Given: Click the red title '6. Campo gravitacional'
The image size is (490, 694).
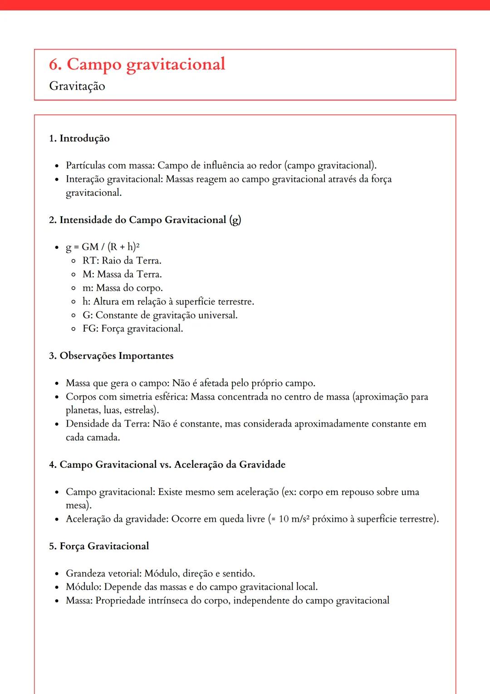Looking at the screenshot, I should (137, 64).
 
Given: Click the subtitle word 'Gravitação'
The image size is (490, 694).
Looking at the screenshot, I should (77, 86).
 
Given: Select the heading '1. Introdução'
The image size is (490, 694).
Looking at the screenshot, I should (79, 139).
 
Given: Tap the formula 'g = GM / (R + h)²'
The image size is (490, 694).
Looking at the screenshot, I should (103, 247).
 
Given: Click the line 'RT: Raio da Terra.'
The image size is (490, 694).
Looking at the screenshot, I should (122, 261).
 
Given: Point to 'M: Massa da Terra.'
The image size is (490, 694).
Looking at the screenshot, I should (122, 274).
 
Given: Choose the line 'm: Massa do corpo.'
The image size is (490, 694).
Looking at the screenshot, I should (122, 288).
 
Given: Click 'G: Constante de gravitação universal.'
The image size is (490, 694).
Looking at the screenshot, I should (160, 315).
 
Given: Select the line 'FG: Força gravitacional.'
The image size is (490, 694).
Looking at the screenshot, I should (132, 329).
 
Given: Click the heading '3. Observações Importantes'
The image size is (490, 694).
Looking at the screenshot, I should (111, 356).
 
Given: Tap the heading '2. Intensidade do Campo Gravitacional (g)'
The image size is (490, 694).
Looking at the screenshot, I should (145, 220).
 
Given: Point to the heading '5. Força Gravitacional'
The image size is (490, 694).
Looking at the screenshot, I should (99, 546).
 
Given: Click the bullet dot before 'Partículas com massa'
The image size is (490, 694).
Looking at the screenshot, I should (57, 166).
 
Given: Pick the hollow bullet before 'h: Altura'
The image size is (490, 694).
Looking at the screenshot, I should (73, 302).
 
